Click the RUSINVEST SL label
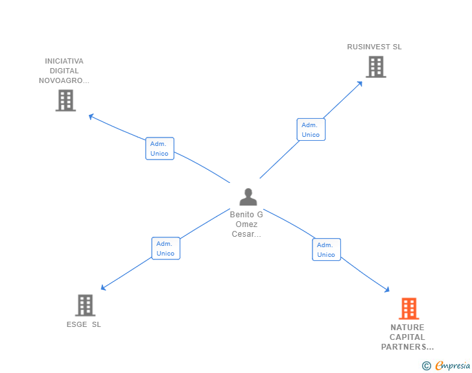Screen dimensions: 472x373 (374, 47)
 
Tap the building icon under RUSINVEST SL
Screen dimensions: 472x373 (376, 67)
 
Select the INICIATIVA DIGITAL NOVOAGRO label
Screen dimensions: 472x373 (64, 71)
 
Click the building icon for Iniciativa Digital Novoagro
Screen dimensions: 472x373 (65, 101)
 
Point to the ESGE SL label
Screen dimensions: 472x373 (84, 324)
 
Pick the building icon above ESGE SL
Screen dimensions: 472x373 (85, 305)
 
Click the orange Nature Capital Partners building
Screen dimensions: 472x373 (408, 309)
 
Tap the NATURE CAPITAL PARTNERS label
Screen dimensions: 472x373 (407, 337)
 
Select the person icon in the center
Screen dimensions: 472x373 (248, 197)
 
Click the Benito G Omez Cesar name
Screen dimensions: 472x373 (246, 224)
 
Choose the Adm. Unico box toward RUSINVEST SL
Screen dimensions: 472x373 (311, 130)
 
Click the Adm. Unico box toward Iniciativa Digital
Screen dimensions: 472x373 (159, 149)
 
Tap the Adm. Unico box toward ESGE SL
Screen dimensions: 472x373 (165, 248)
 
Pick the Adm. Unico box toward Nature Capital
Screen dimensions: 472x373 (326, 250)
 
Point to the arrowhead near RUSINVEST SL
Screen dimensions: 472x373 (360, 84)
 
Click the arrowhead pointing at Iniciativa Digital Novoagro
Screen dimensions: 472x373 (91, 116)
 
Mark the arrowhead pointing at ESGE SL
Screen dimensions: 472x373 (103, 287)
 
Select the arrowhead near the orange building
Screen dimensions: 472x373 (387, 290)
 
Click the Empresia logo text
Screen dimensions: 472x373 (453, 365)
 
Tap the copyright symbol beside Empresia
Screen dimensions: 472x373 (426, 366)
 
